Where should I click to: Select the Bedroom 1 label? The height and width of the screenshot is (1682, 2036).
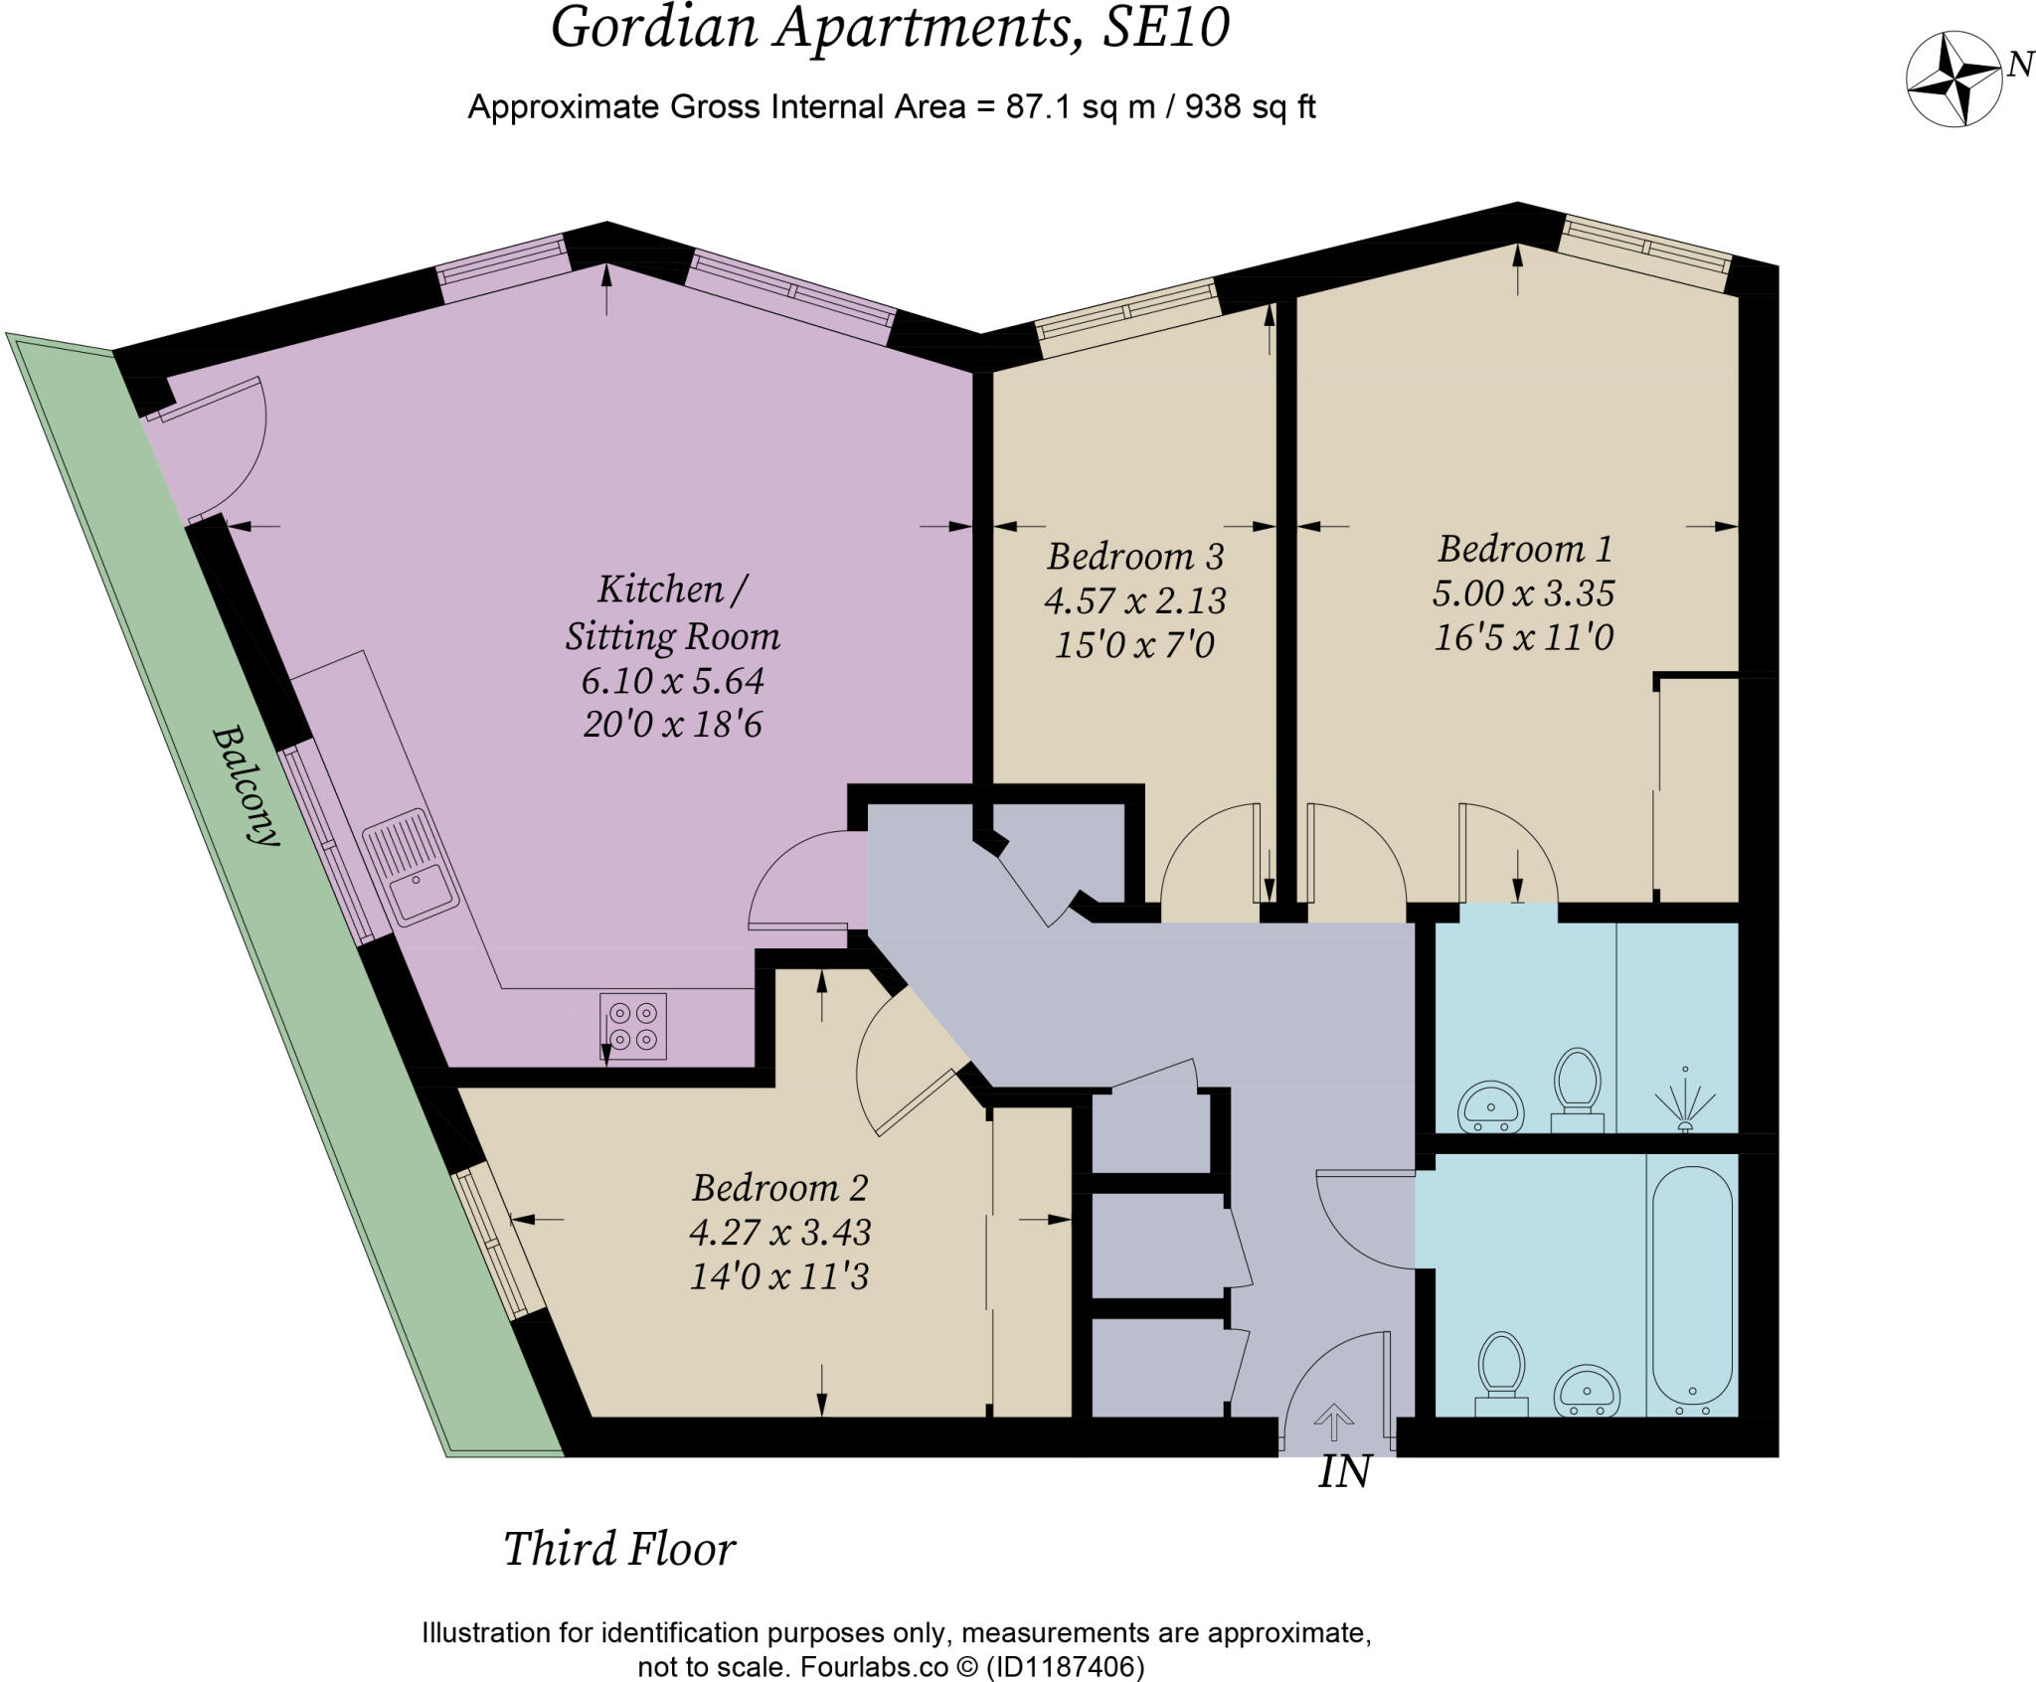tap(1524, 549)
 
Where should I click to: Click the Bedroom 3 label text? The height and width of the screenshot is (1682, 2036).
tap(1134, 556)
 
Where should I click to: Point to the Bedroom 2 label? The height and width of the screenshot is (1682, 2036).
tap(779, 1188)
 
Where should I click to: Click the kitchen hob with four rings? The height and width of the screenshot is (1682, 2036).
tap(633, 1027)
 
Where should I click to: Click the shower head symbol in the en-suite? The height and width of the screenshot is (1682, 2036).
tap(1684, 1100)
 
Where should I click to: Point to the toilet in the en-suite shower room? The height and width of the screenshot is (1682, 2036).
tap(1577, 1088)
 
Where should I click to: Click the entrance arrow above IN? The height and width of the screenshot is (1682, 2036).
tap(1333, 1422)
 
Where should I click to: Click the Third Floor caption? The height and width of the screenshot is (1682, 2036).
tap(619, 1549)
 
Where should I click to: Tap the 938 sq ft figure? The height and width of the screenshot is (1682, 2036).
tap(1251, 106)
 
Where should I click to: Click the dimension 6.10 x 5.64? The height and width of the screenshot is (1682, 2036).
tap(672, 681)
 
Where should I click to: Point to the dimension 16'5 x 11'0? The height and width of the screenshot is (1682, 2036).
tap(1523, 636)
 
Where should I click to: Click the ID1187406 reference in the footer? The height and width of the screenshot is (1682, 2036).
tap(1064, 1666)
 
